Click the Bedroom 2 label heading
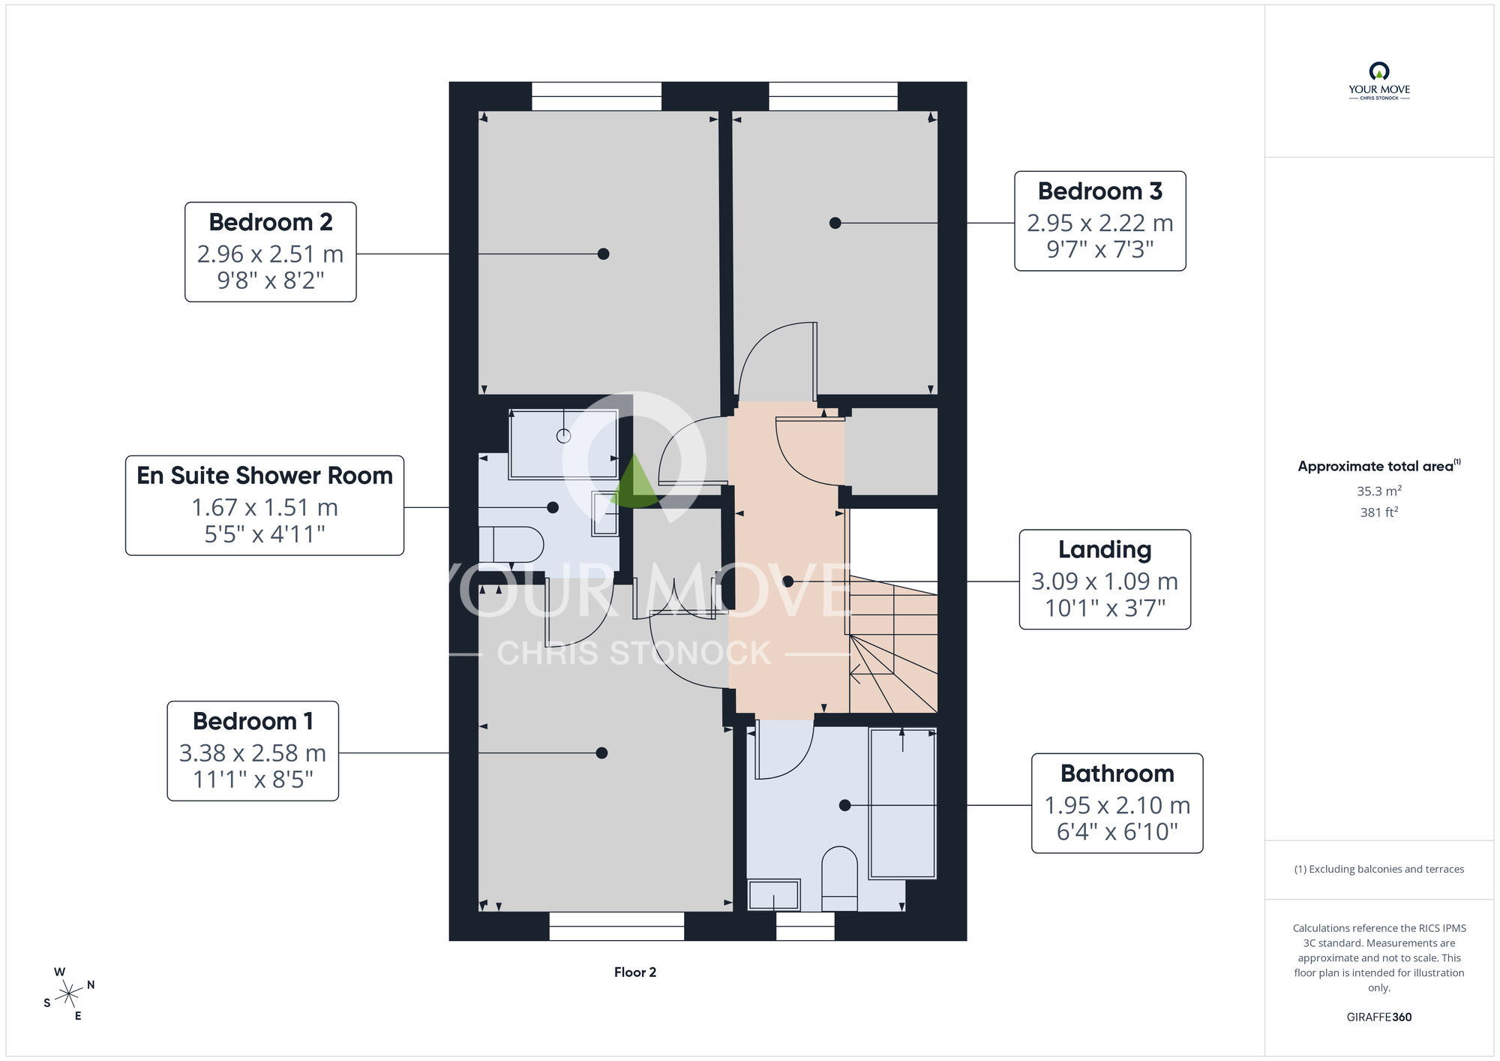click(x=270, y=222)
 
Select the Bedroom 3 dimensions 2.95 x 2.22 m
click(x=1099, y=223)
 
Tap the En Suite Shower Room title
click(x=265, y=476)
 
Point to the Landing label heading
click(x=1105, y=550)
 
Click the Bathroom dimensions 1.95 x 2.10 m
click(x=1117, y=805)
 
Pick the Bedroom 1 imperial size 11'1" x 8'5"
click(x=253, y=780)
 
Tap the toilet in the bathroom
click(x=840, y=879)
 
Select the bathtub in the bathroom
click(x=902, y=803)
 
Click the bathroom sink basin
click(x=774, y=894)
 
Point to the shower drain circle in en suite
click(x=564, y=436)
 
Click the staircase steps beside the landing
click(x=892, y=645)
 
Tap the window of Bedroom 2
click(x=597, y=97)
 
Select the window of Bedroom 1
click(x=616, y=926)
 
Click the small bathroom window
click(x=805, y=926)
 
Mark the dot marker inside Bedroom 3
click(x=835, y=223)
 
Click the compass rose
click(x=69, y=994)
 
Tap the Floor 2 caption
click(x=635, y=972)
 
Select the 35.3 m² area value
click(x=1379, y=491)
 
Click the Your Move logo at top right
click(x=1379, y=82)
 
